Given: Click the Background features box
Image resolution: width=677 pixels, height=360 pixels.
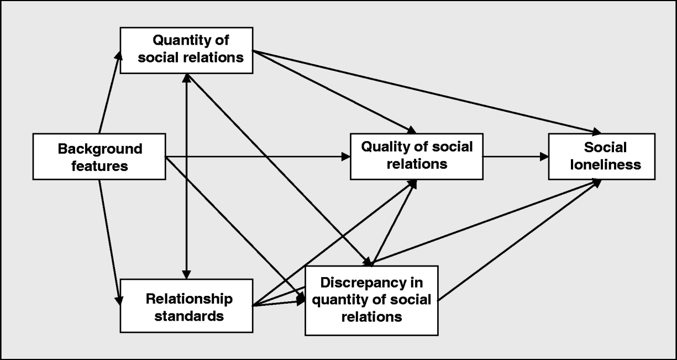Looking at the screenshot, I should point(99,156).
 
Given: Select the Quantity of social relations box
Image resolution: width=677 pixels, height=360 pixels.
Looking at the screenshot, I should point(187,49).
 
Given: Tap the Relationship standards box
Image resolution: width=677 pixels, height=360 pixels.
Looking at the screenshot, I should point(187,307).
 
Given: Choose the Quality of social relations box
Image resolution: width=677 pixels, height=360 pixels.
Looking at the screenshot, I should point(417,156).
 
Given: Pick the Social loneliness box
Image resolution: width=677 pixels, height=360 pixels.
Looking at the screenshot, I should point(601,156).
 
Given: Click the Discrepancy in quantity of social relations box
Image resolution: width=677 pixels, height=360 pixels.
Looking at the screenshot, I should point(371,300).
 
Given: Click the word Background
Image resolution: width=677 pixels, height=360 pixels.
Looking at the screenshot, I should point(100,149).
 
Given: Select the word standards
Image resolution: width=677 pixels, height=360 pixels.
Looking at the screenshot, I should point(189,316).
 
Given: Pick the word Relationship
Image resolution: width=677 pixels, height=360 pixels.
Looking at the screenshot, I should point(189,299).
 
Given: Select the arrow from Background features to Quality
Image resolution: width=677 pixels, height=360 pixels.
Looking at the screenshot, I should point(257,156).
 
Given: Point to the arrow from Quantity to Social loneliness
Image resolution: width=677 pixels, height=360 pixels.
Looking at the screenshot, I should point(426,92).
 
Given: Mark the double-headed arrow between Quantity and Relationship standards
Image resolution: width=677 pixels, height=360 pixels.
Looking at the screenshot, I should point(187,177).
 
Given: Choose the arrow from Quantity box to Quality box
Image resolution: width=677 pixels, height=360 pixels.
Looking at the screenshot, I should point(332,92).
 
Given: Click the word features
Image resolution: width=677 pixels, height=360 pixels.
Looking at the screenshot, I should point(100,165).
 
